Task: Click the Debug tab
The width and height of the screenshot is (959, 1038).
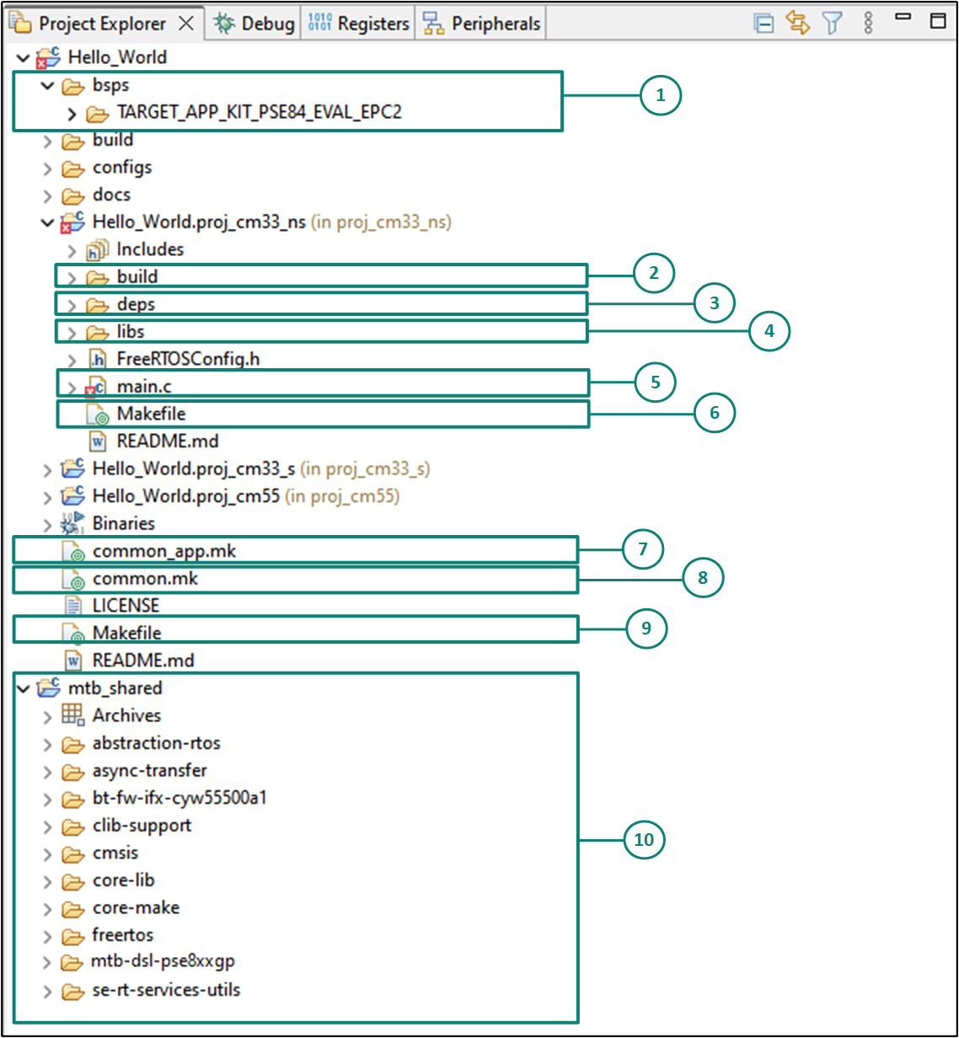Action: (x=255, y=24)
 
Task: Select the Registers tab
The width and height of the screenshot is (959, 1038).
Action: (x=359, y=24)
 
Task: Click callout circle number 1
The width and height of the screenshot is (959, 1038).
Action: (x=660, y=95)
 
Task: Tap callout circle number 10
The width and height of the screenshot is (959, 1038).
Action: (x=644, y=840)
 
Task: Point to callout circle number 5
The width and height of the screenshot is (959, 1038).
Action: (x=654, y=383)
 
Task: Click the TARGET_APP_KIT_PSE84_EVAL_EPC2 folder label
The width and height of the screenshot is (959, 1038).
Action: (x=259, y=111)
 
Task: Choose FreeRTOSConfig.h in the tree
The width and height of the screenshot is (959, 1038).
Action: (x=188, y=359)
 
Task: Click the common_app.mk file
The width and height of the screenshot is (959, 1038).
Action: (x=163, y=551)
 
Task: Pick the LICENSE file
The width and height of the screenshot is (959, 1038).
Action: (x=126, y=605)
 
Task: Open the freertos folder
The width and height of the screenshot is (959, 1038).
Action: (x=123, y=934)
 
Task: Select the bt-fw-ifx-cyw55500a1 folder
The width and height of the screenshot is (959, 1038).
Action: (x=179, y=797)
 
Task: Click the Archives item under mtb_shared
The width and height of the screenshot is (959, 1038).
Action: (x=126, y=715)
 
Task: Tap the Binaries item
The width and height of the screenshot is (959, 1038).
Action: (x=123, y=523)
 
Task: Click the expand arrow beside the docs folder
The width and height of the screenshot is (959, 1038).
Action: (x=47, y=195)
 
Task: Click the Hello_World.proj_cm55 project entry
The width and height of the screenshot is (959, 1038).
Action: (x=185, y=495)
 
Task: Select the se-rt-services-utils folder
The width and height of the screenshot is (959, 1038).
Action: (x=166, y=989)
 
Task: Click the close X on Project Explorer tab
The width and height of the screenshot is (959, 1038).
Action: (x=186, y=24)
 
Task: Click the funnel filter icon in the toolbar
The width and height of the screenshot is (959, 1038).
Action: (x=833, y=23)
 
